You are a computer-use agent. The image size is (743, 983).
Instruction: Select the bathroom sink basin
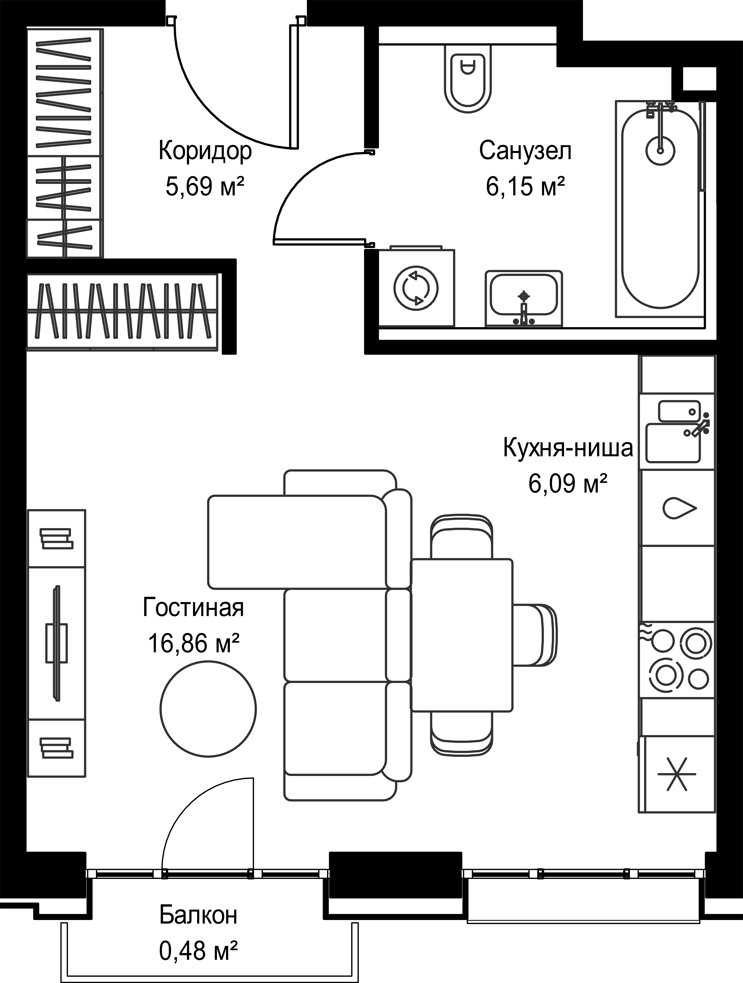click(x=524, y=293)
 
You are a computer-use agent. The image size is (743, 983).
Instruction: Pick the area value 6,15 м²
click(x=525, y=187)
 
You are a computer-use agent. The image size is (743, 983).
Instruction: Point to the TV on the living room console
click(x=56, y=644)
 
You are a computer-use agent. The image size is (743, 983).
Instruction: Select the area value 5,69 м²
click(x=205, y=187)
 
